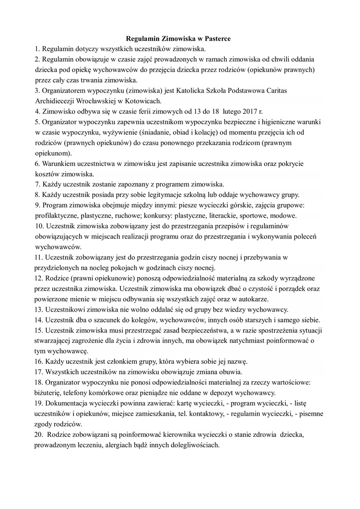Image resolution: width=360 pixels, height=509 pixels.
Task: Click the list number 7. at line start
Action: [x=38, y=184]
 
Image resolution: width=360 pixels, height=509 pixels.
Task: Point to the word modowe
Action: [x=282, y=216]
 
